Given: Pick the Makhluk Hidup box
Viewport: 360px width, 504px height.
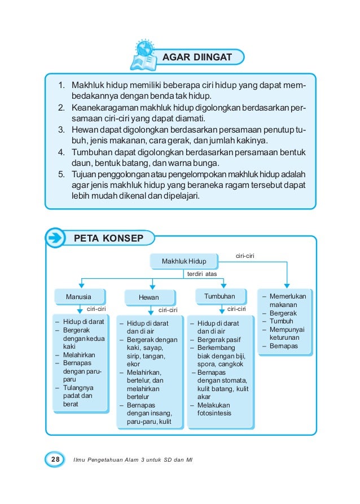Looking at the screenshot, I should pos(184,261).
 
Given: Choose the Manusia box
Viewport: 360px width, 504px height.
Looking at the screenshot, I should pos(78,296).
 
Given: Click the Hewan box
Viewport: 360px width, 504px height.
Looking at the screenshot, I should pos(149,297).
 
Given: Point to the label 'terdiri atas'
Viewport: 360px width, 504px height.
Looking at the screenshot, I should pos(202,274).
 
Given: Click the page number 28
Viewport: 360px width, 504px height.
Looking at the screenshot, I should pos(55,460).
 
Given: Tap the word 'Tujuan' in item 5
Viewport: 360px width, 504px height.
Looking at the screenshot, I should pos(85,173).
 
